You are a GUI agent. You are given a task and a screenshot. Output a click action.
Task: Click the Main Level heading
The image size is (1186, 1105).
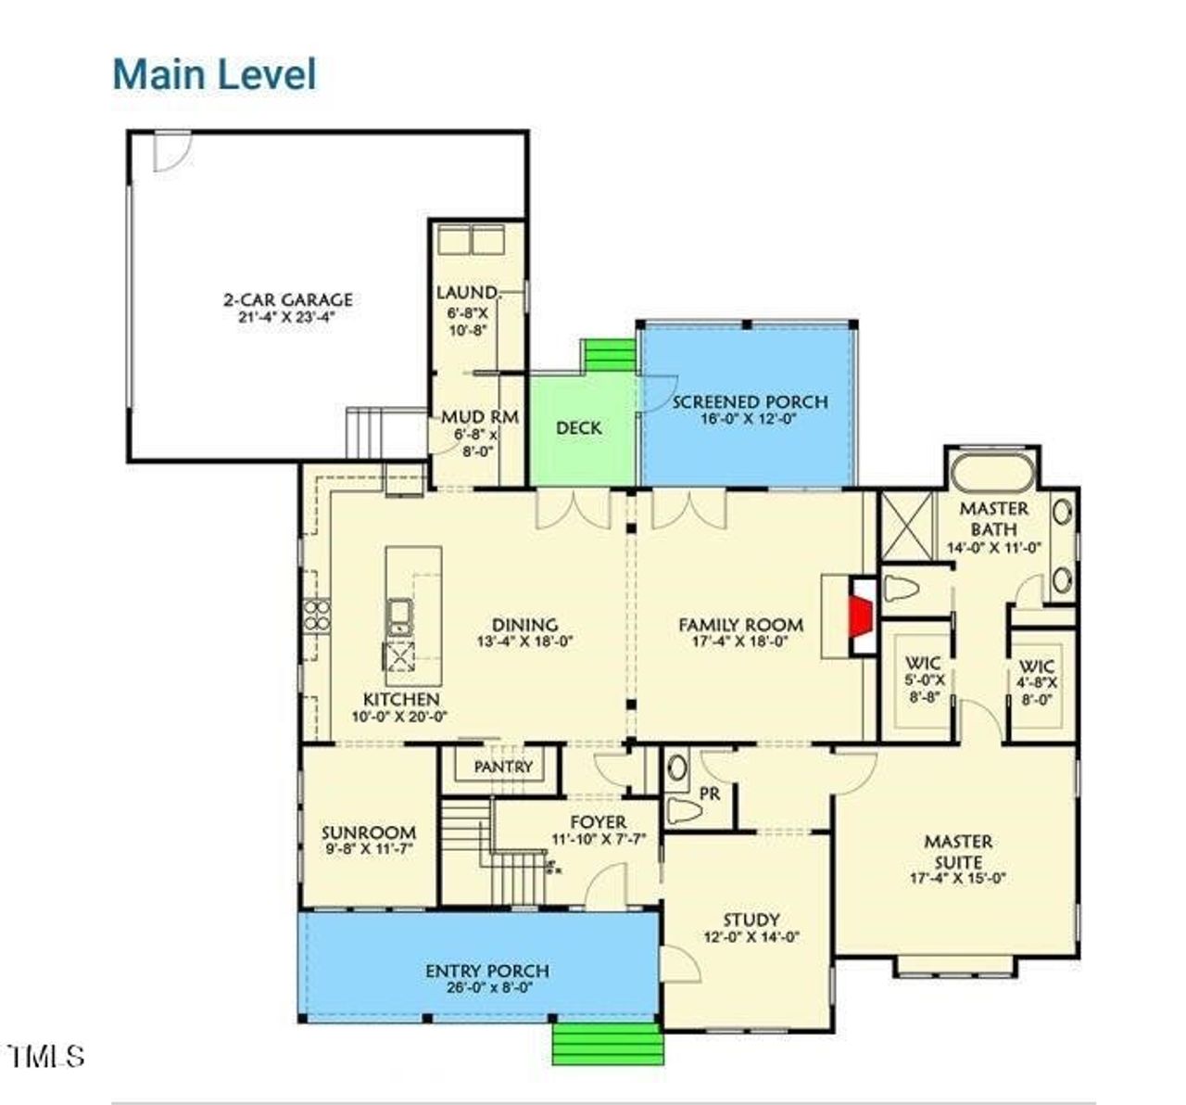tap(214, 74)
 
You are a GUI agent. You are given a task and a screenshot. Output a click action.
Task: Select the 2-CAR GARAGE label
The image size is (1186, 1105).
tap(287, 300)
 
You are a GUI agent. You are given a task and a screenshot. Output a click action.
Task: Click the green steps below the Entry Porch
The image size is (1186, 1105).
tap(608, 1043)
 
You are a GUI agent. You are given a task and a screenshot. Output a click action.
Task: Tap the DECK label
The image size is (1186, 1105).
tap(578, 428)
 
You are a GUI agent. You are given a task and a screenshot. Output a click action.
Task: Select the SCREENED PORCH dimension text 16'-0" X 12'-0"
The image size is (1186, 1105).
tap(749, 419)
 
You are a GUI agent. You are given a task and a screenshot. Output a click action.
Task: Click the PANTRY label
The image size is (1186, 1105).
tap(503, 767)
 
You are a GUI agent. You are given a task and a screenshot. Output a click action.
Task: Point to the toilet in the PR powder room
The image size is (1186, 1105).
tap(684, 811)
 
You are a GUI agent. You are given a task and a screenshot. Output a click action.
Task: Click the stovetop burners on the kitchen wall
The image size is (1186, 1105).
tap(317, 616)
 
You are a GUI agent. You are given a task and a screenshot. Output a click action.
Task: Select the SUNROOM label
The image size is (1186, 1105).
tap(368, 832)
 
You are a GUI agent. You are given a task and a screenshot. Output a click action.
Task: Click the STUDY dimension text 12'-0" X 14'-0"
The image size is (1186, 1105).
tap(750, 937)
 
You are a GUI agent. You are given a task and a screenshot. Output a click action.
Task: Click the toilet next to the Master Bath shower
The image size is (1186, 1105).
tap(902, 589)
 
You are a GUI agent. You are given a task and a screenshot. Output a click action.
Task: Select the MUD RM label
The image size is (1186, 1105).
tap(478, 417)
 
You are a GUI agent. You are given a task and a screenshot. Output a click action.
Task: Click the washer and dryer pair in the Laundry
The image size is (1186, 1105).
tap(470, 239)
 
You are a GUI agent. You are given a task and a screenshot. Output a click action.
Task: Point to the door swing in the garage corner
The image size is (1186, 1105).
tap(170, 151)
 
